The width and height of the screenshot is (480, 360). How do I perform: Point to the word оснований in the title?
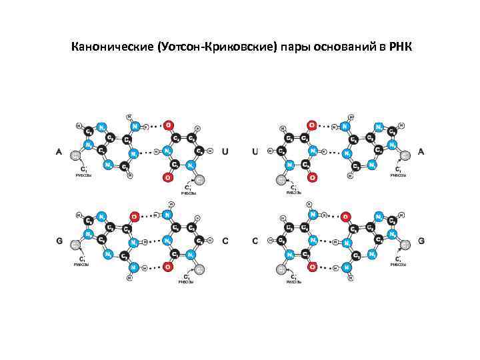pyautogui.click(x=345, y=48)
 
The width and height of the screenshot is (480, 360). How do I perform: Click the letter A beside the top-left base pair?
pyautogui.click(x=59, y=153)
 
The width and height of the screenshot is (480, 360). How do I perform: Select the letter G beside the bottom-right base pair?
pyautogui.click(x=421, y=241)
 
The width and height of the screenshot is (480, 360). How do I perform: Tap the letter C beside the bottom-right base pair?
pyautogui.click(x=255, y=241)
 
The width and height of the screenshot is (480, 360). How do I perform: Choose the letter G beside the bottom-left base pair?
pyautogui.click(x=59, y=241)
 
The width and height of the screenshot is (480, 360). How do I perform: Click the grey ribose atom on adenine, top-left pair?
pyautogui.click(x=76, y=155)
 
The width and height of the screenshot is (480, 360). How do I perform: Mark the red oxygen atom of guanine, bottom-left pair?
pyautogui.click(x=134, y=216)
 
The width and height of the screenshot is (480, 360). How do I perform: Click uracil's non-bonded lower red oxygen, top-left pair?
pyautogui.click(x=168, y=177)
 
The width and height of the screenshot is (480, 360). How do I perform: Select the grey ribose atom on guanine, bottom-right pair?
pyautogui.click(x=405, y=245)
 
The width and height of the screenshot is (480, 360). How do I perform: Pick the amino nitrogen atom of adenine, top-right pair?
pyautogui.click(x=345, y=125)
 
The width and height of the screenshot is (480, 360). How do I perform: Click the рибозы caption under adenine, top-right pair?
pyautogui.click(x=398, y=175)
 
